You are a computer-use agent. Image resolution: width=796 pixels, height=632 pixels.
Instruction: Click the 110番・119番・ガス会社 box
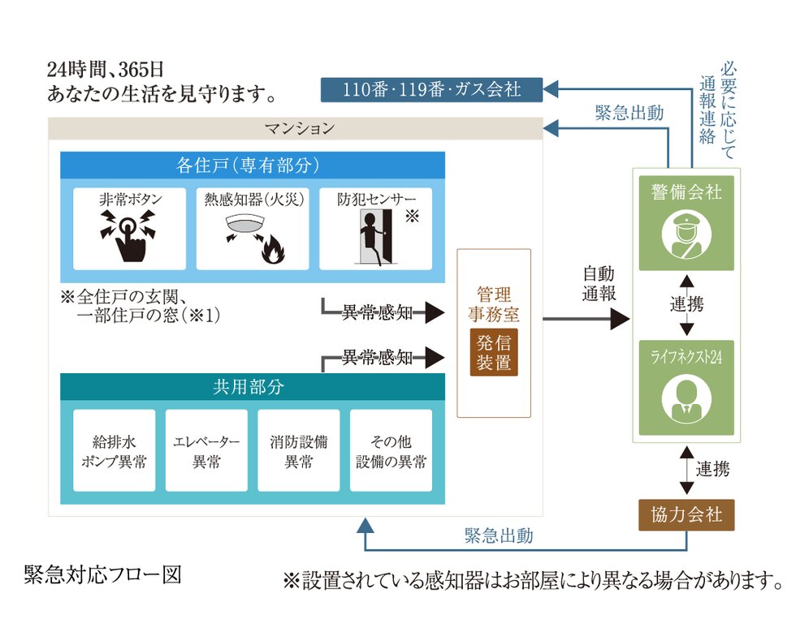(x=431, y=88)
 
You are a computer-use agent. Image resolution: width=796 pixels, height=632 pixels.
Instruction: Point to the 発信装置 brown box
(x=493, y=351)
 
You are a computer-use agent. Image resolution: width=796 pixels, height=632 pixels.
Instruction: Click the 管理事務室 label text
(x=493, y=303)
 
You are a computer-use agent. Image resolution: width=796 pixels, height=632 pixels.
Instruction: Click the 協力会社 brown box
(x=686, y=514)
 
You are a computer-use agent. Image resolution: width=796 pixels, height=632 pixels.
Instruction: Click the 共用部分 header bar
(x=253, y=387)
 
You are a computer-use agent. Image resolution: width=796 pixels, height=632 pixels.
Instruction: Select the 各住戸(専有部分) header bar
(x=253, y=166)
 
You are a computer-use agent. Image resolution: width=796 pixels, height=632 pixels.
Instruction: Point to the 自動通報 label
(x=599, y=283)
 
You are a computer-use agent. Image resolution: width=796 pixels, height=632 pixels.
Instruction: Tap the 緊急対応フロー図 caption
(x=102, y=574)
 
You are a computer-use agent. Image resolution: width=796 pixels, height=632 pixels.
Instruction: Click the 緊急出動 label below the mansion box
(x=499, y=535)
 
